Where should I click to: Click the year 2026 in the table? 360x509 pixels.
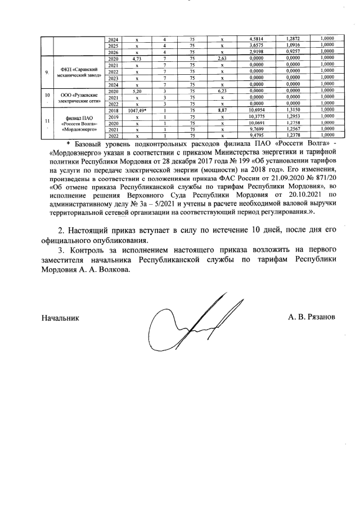pyautogui.click(x=113, y=51)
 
